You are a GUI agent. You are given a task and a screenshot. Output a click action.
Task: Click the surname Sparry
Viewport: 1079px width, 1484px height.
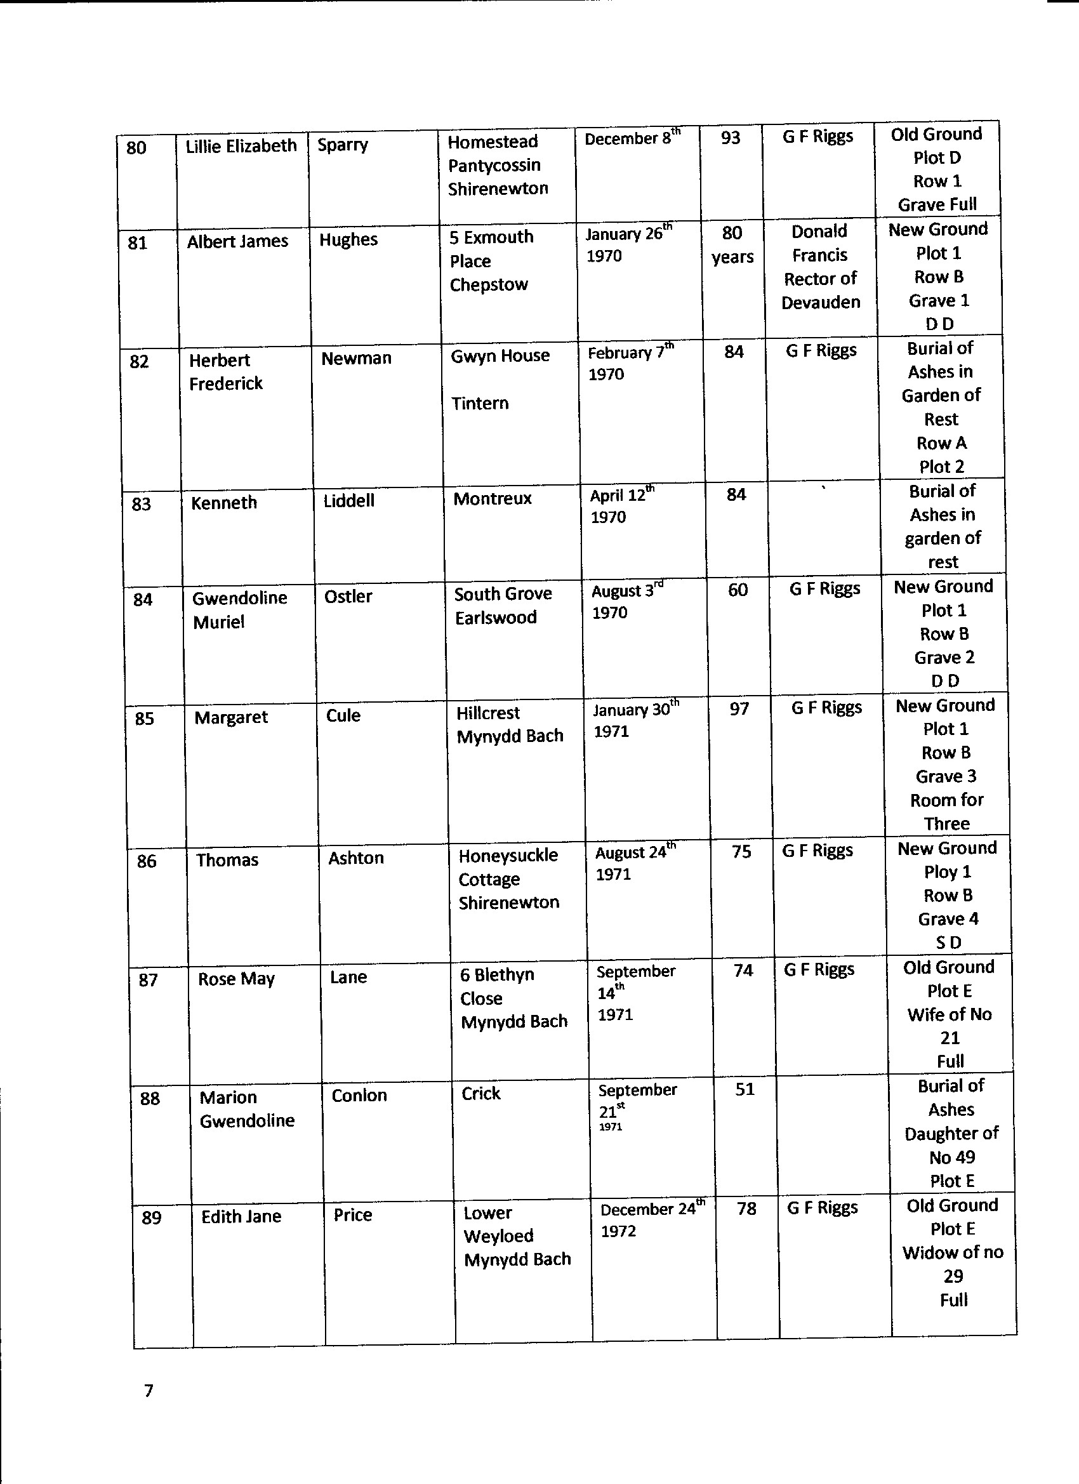343,145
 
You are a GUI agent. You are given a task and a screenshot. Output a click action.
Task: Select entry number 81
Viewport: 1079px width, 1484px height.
137,243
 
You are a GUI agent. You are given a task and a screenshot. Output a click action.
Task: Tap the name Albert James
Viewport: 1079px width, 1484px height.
237,241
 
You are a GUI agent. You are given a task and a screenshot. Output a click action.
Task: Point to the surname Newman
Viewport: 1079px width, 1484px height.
356,359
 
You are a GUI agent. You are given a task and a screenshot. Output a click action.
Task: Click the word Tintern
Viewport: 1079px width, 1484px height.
480,404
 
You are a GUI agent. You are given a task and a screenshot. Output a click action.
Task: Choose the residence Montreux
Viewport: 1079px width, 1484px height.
492,500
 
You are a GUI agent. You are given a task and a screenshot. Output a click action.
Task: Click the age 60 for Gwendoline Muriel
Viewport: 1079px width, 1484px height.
738,590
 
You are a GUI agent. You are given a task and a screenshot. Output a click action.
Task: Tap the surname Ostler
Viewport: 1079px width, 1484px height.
348,597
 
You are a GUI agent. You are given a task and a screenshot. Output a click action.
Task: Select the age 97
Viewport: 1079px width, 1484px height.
739,709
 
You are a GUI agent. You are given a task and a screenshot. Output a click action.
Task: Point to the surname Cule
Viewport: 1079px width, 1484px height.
343,716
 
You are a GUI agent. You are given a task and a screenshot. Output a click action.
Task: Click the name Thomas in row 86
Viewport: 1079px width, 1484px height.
227,861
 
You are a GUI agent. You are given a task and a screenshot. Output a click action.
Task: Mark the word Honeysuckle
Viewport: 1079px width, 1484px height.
508,856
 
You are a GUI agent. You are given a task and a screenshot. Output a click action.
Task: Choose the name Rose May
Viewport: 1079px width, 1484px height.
236,979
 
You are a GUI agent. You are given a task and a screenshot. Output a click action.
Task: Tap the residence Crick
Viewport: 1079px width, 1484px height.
481,1094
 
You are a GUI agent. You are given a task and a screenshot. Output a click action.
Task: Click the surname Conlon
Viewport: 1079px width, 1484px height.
359,1096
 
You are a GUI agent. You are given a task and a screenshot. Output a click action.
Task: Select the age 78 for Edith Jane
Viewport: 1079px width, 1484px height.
746,1209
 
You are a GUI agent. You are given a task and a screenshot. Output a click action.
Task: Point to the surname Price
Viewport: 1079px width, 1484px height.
353,1215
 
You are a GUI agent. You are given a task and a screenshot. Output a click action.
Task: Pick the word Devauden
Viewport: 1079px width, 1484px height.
821,302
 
